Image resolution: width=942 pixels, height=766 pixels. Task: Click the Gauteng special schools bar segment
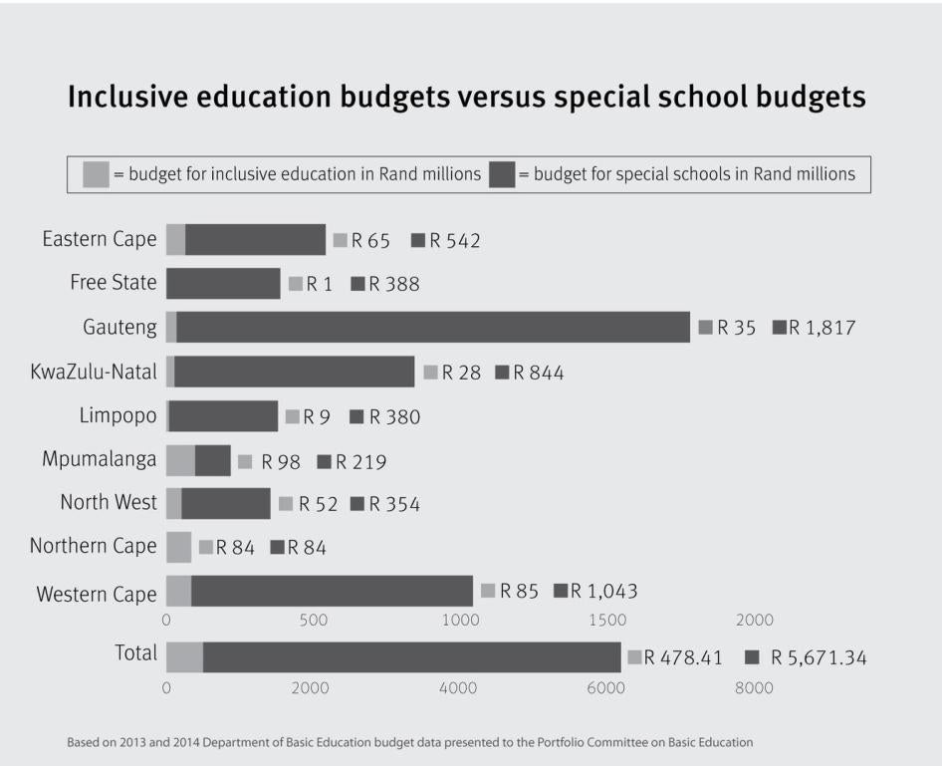click(433, 327)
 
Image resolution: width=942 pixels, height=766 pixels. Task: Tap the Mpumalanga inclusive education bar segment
click(180, 460)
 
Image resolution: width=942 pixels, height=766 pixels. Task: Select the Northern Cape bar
click(178, 547)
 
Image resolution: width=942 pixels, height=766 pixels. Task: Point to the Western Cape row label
click(97, 595)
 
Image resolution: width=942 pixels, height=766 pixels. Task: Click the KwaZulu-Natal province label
click(94, 373)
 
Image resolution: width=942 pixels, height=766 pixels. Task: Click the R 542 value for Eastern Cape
click(455, 240)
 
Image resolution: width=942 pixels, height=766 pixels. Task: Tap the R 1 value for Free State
click(319, 284)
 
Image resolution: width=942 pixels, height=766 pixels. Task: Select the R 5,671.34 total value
click(818, 657)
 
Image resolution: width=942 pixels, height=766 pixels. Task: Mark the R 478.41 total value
click(683, 657)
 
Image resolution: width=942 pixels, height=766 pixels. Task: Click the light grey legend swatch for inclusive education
click(96, 174)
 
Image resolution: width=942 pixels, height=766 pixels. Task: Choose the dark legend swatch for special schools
click(502, 174)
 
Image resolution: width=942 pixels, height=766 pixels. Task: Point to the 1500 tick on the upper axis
click(607, 621)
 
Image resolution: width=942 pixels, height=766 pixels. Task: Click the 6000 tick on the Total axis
click(607, 688)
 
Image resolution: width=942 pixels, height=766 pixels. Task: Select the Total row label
click(135, 653)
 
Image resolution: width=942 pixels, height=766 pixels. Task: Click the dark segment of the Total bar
click(411, 657)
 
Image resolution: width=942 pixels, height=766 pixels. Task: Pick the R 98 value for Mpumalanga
click(281, 462)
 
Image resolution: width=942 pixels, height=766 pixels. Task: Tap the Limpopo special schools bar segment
click(223, 416)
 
